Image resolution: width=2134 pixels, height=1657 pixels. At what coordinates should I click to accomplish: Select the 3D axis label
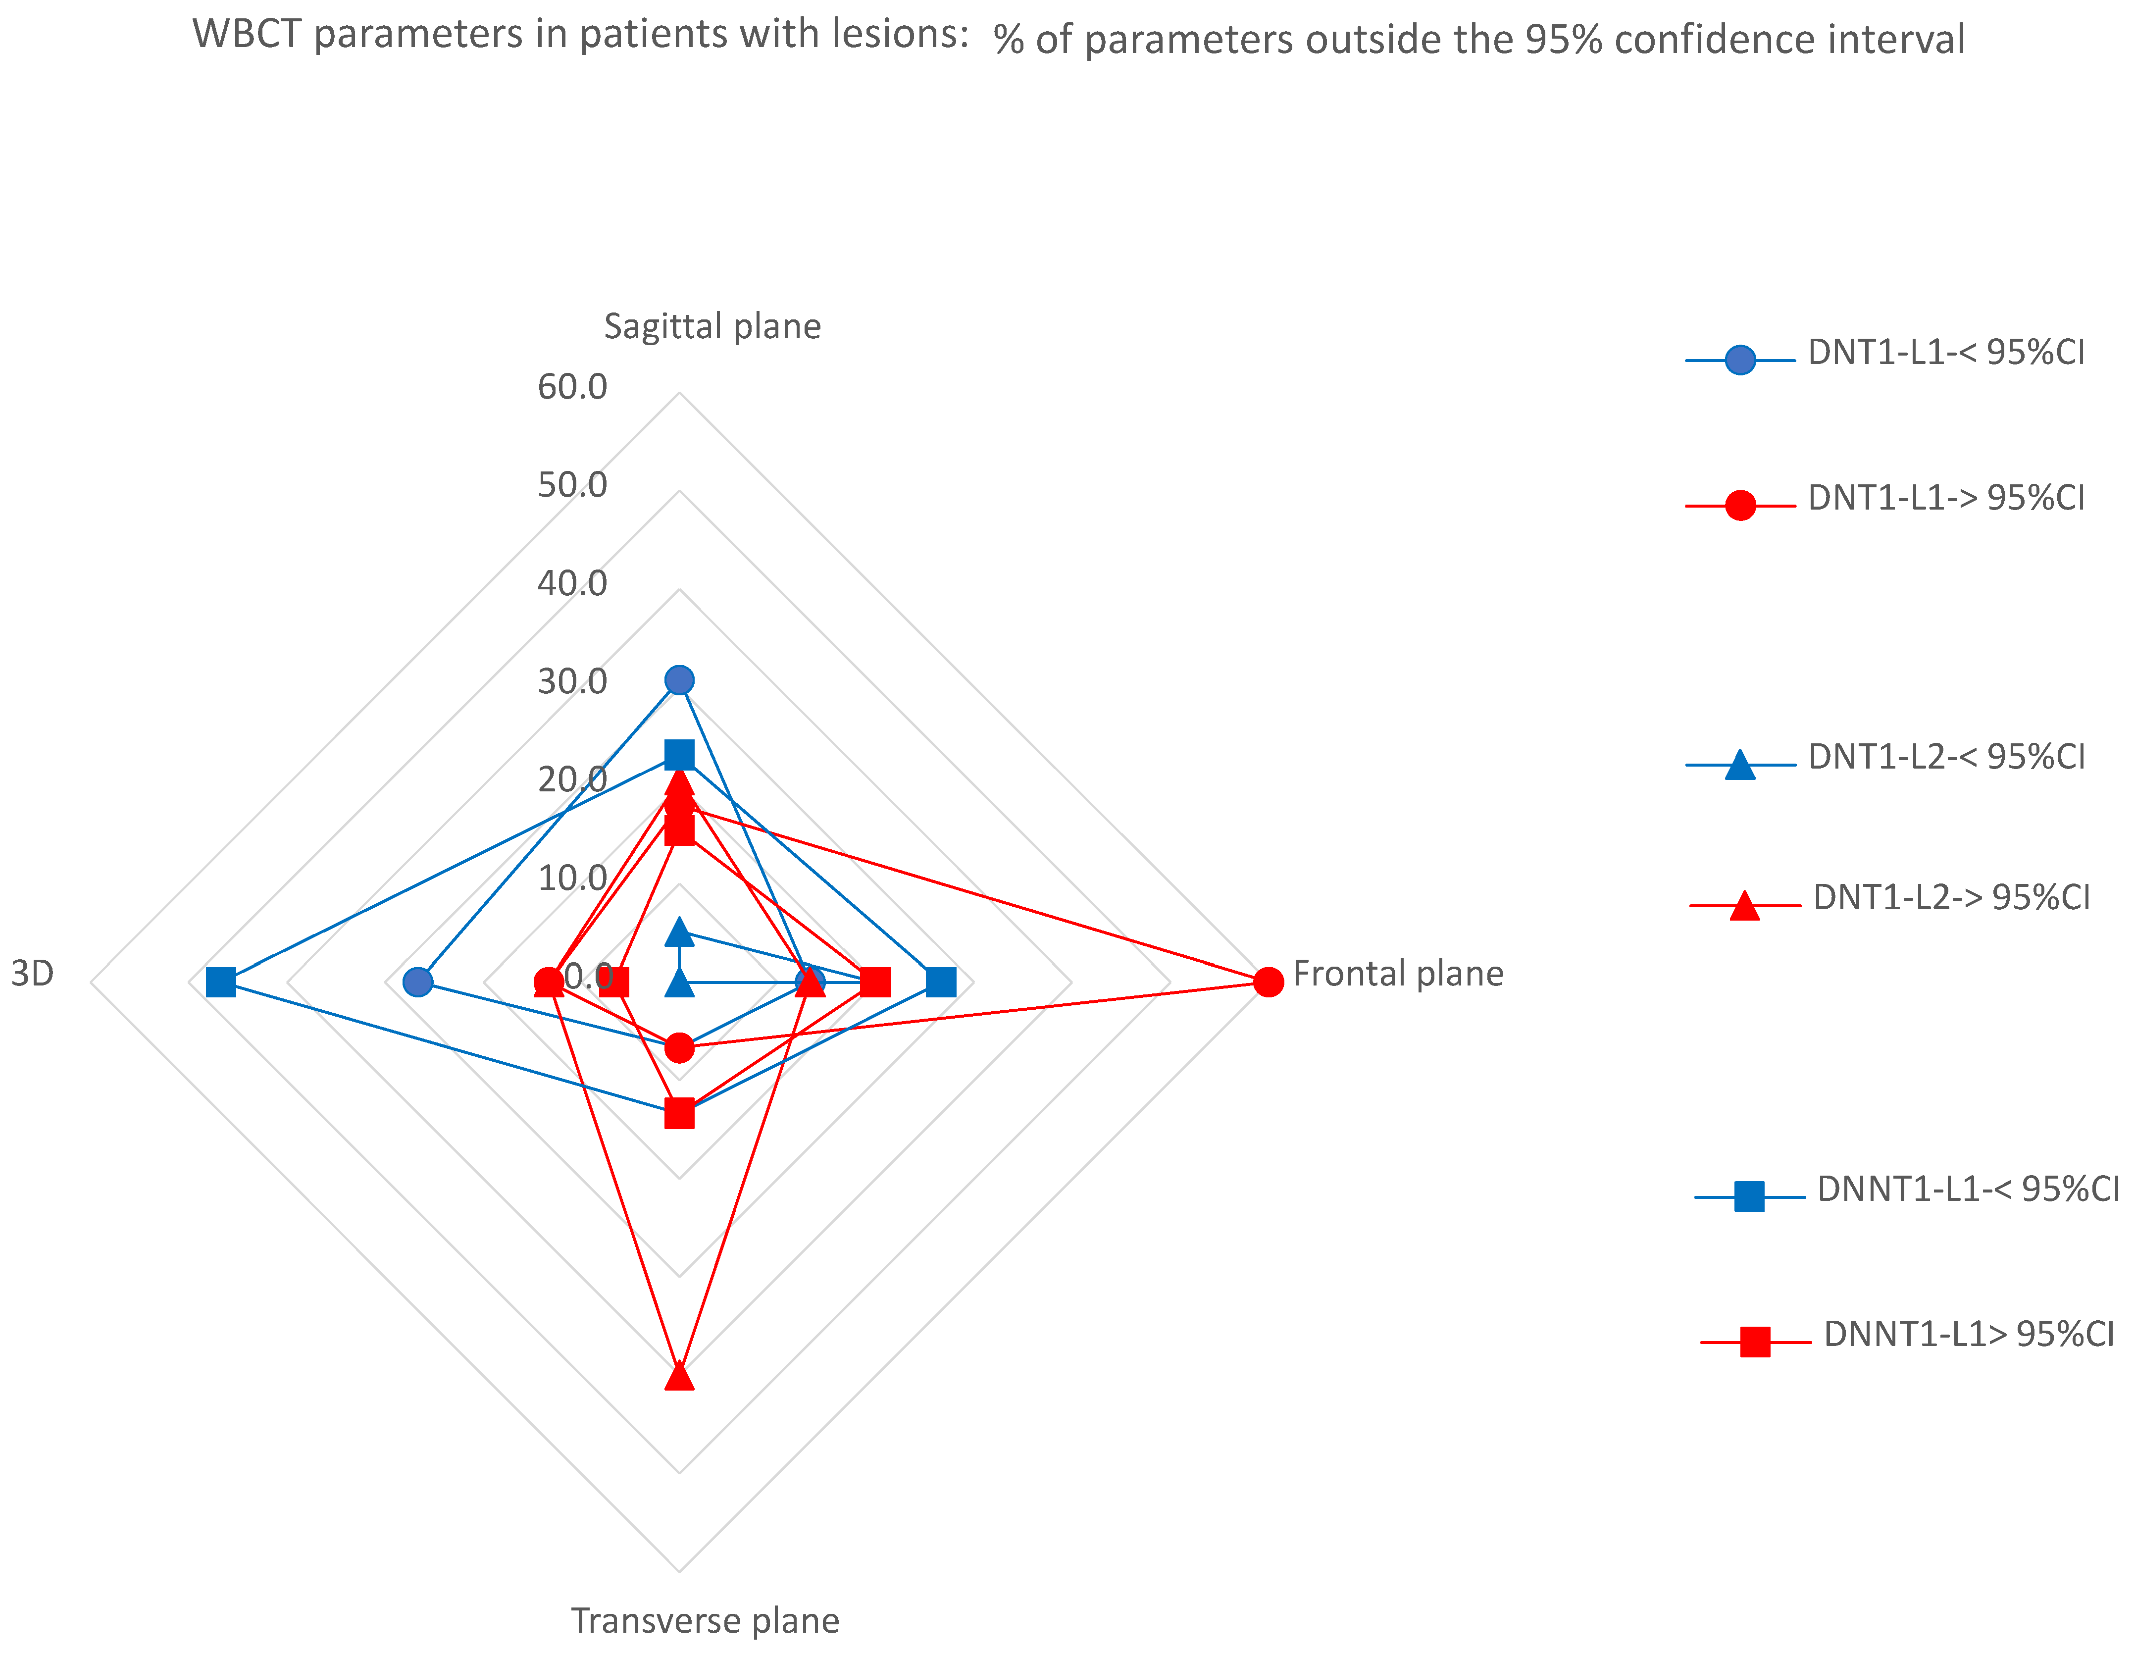point(32,974)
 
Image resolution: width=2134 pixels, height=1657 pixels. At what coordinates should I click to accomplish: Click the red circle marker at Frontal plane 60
point(1268,982)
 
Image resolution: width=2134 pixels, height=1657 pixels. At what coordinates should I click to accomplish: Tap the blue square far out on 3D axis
point(222,982)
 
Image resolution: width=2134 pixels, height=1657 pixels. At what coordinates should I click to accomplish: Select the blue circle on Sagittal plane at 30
point(679,680)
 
